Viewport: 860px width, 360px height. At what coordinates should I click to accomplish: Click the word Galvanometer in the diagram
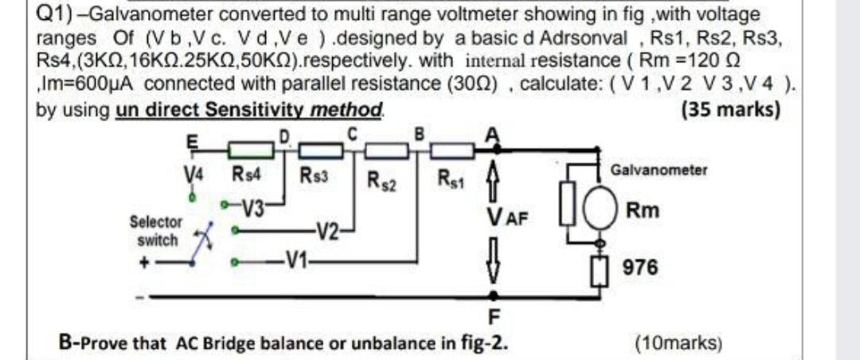point(658,170)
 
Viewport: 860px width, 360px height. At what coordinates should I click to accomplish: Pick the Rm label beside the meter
point(642,212)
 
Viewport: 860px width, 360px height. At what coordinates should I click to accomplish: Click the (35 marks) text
point(730,109)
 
